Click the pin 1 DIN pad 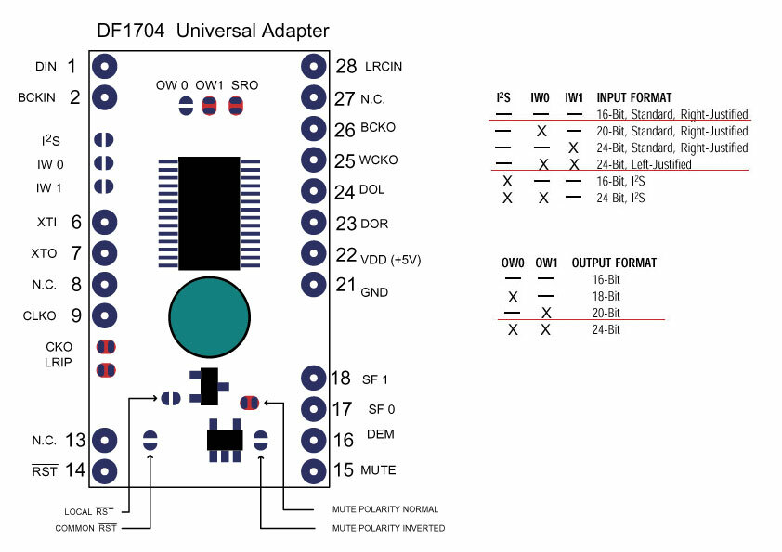click(104, 67)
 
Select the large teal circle click(210, 316)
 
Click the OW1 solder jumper click(209, 105)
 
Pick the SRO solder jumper click(235, 105)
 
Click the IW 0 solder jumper click(104, 163)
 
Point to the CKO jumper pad click(106, 348)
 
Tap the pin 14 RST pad click(104, 470)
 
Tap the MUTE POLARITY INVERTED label click(388, 528)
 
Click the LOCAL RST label click(89, 511)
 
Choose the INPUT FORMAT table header click(634, 97)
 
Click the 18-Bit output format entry click(605, 296)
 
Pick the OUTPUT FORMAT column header click(614, 263)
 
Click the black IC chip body click(209, 213)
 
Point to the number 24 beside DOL click(345, 193)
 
